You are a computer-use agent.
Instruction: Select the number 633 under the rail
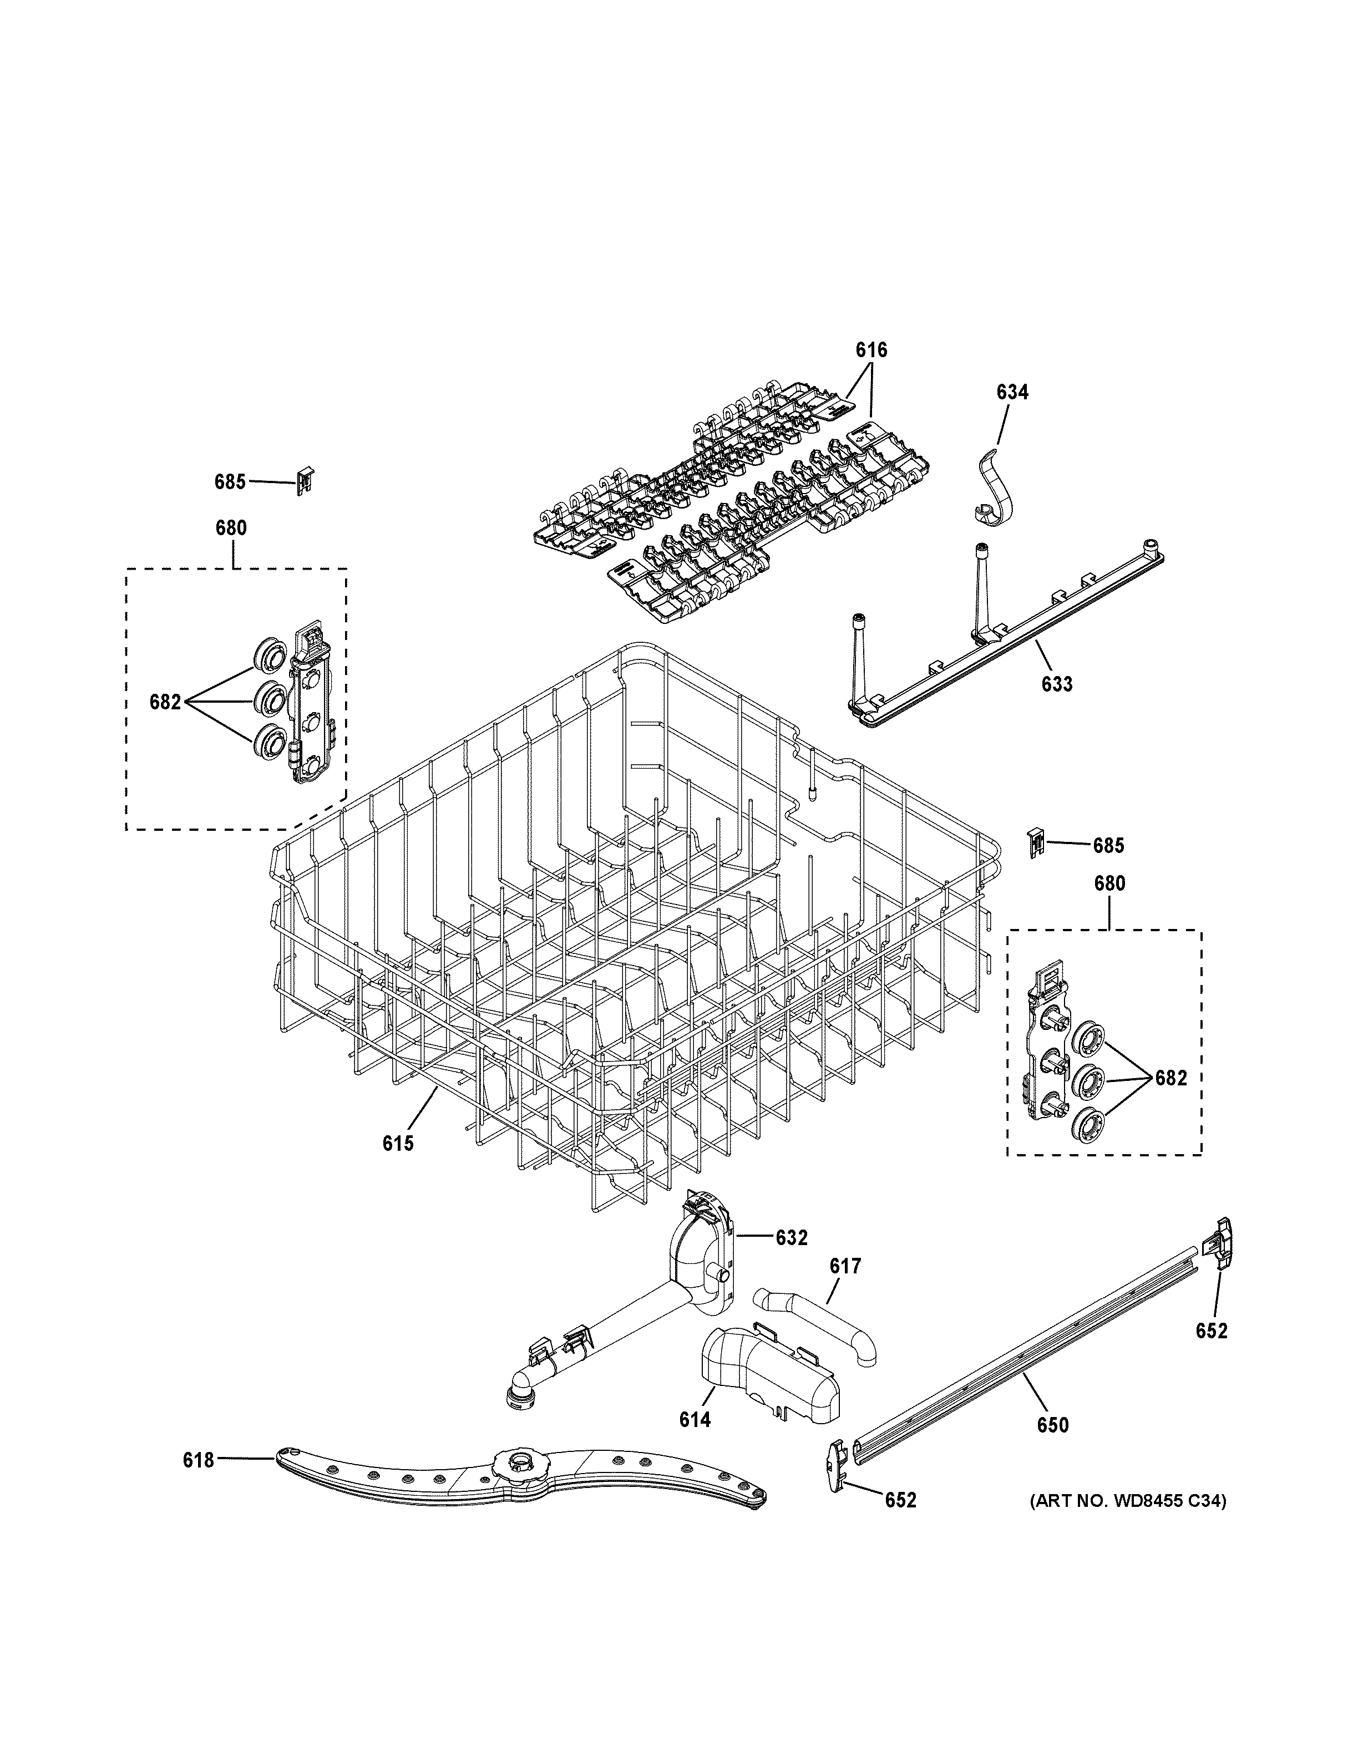[x=1056, y=684]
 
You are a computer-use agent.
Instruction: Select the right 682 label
[x=1170, y=1078]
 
